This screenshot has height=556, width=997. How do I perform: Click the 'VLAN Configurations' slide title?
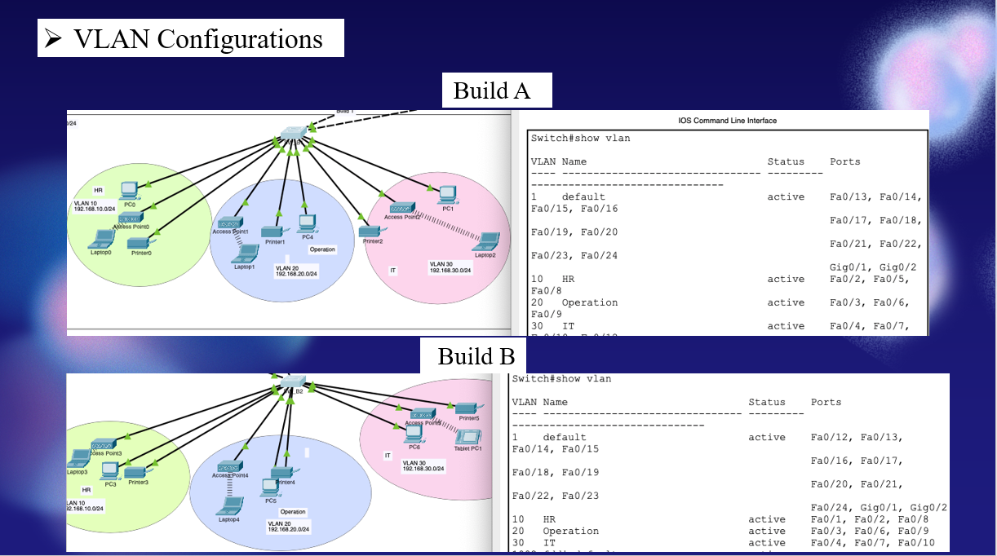[x=190, y=39]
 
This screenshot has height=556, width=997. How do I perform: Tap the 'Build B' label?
[x=476, y=356]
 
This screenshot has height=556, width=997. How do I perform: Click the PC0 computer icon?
[x=128, y=191]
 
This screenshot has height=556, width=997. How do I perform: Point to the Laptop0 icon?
[x=102, y=238]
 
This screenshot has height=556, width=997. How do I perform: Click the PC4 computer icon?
[x=307, y=223]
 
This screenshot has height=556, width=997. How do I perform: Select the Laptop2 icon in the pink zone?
[x=488, y=241]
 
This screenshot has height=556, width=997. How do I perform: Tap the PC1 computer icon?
[x=445, y=194]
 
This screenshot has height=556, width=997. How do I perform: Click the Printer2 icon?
[x=371, y=232]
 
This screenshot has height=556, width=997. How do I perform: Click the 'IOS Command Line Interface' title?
[x=727, y=121]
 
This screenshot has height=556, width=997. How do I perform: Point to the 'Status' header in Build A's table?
[x=785, y=161]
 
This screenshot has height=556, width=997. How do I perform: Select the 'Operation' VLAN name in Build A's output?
[x=589, y=302]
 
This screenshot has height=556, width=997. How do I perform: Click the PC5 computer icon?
[x=270, y=488]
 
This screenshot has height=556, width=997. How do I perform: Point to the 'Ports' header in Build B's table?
[x=826, y=402]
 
